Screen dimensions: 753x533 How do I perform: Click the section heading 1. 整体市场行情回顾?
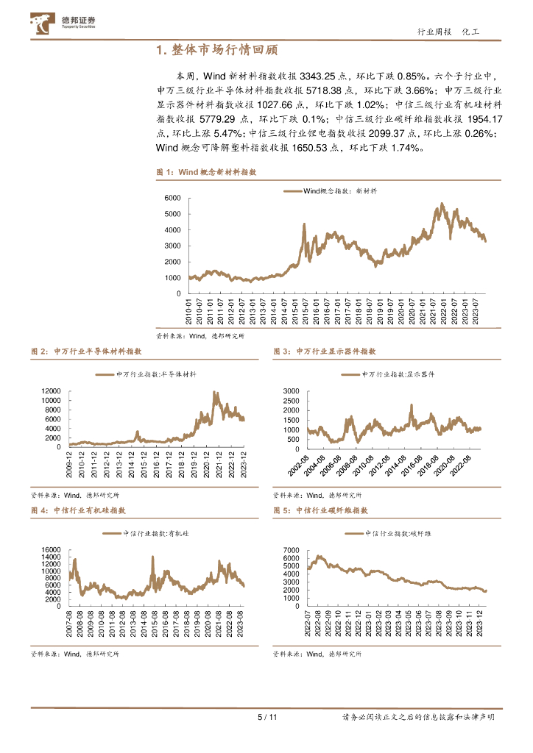click(217, 50)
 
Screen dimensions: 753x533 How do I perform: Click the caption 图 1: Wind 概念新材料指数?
click(206, 171)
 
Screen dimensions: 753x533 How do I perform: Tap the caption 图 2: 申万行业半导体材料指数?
click(81, 352)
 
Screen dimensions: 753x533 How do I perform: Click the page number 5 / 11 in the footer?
click(266, 717)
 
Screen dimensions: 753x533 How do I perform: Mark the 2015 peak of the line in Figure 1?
click(304, 224)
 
